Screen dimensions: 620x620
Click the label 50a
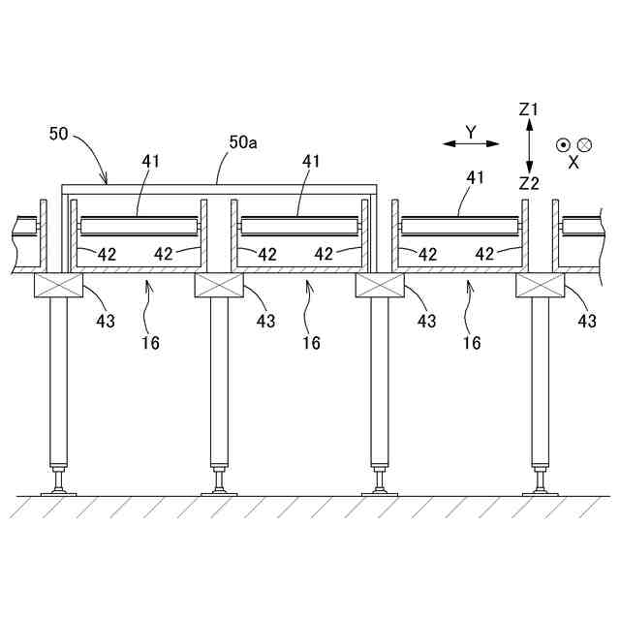243,142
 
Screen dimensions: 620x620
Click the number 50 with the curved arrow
59,134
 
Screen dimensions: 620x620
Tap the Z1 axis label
528,110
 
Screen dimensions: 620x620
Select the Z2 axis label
528,183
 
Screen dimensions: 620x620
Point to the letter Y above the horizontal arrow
471,129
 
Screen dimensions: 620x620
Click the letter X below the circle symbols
573,163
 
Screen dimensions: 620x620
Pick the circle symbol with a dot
563,145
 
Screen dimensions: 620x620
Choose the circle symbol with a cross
584,145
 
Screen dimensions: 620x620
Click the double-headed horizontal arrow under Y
471,144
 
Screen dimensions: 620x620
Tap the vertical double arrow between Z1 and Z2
528,146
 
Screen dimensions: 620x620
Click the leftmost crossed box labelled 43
57,286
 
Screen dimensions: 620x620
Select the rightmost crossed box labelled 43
539,286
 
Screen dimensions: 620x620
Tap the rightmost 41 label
475,177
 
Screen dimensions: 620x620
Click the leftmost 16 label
150,342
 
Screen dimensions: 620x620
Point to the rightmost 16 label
472,342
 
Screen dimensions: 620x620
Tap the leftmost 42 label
107,254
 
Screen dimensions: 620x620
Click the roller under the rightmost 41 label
459,227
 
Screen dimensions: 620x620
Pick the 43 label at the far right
587,321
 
